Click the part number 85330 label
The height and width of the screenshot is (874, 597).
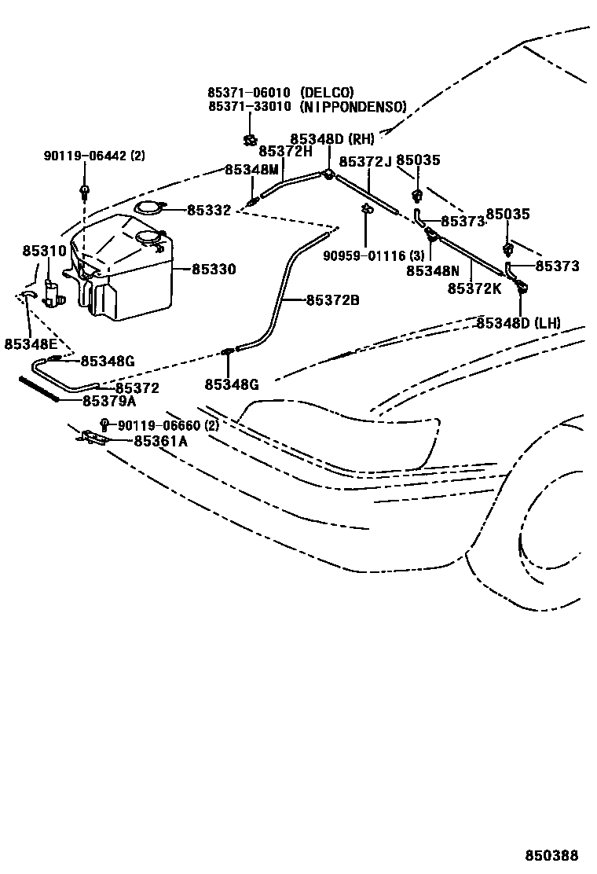tap(214, 269)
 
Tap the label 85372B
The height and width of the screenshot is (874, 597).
tap(332, 299)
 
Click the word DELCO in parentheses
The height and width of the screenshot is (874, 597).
tap(327, 92)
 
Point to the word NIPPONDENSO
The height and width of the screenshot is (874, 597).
tap(353, 106)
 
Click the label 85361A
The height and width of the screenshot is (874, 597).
tap(160, 441)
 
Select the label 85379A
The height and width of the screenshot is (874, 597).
tap(109, 401)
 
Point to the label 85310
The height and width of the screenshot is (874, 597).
tap(45, 251)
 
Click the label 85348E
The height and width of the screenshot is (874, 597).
tap(29, 343)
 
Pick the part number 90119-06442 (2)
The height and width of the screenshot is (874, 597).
tap(94, 156)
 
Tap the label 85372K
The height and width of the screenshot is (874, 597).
tap(474, 288)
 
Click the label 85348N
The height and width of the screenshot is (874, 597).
tap(433, 270)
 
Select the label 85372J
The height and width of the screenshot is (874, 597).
tap(365, 161)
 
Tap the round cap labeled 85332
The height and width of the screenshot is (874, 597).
tap(148, 209)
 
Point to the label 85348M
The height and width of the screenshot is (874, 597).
tap(251, 170)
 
